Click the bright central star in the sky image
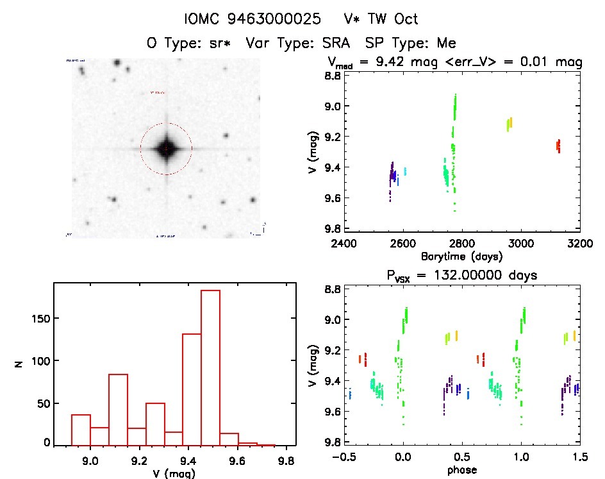166,148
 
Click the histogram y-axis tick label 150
40,319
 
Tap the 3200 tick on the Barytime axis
579,244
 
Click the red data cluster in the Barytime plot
558,146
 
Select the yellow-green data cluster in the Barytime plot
510,124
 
